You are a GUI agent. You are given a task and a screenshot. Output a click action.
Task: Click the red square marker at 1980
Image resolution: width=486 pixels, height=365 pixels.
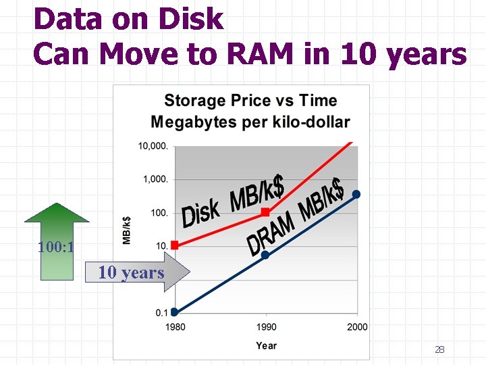pos(174,245)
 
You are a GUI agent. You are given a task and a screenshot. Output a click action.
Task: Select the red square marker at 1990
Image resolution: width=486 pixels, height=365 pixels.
pos(265,212)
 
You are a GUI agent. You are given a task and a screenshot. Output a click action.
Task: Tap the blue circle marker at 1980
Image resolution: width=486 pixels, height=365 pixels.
pos(174,312)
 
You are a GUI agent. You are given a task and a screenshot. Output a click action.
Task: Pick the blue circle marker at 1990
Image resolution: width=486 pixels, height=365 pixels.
pos(265,255)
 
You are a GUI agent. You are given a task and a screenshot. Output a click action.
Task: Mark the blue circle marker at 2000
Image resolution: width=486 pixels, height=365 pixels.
pos(356,195)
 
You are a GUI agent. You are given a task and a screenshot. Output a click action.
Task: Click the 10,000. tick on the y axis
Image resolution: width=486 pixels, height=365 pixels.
pos(154,145)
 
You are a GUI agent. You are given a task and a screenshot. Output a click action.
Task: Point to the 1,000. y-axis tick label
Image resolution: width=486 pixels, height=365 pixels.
pos(157,179)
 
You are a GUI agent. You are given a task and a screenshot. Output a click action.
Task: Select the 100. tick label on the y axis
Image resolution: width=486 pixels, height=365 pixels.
pos(159,213)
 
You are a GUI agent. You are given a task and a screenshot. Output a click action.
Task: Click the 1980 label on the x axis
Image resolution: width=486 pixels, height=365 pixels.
pos(175,327)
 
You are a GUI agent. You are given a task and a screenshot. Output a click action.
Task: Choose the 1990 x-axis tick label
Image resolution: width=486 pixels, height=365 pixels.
pos(265,327)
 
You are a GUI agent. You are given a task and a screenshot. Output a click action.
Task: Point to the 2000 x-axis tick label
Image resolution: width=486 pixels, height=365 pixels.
pos(357,327)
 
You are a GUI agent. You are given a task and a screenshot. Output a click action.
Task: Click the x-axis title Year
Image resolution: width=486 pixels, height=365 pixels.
pos(266,345)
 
